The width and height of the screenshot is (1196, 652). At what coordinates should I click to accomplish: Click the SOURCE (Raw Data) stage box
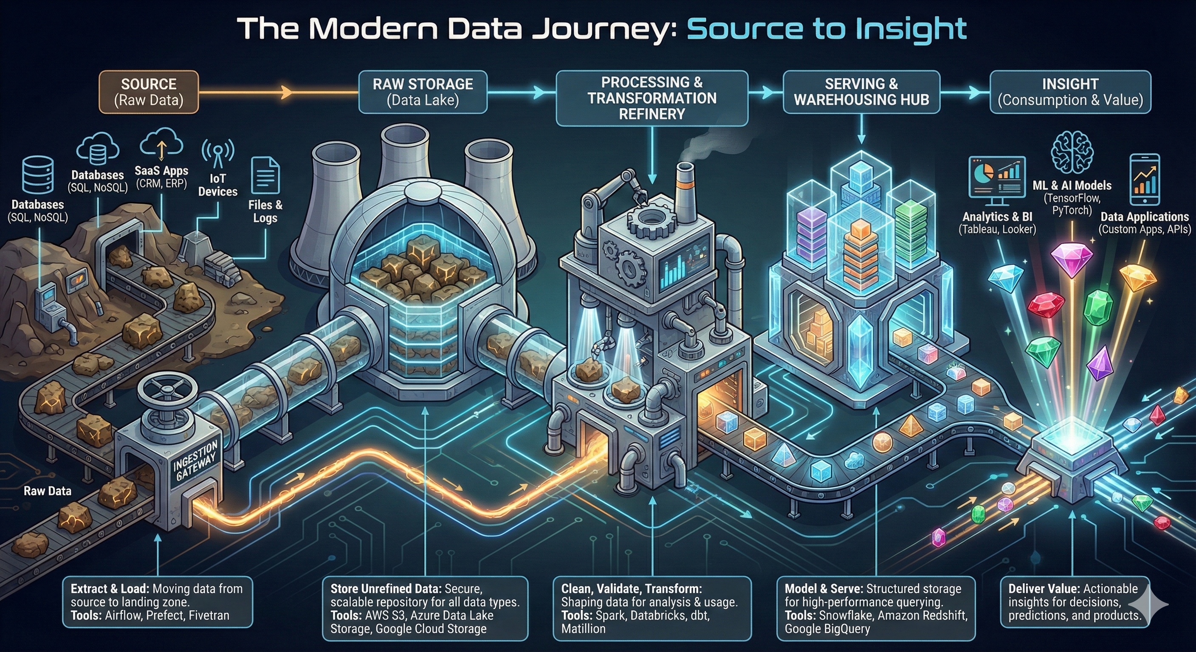[149, 92]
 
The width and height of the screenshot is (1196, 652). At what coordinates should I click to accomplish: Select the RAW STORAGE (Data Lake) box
[423, 92]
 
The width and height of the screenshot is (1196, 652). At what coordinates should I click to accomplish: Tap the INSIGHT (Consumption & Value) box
[1070, 92]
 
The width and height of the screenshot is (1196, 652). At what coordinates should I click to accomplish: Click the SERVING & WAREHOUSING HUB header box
[861, 92]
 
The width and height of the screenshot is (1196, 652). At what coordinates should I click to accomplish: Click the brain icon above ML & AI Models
[1072, 153]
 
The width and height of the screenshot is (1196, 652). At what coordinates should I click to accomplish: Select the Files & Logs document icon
[265, 176]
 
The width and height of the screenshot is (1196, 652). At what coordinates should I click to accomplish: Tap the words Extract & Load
[110, 589]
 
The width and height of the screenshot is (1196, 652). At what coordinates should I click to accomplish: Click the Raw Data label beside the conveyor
[48, 491]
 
